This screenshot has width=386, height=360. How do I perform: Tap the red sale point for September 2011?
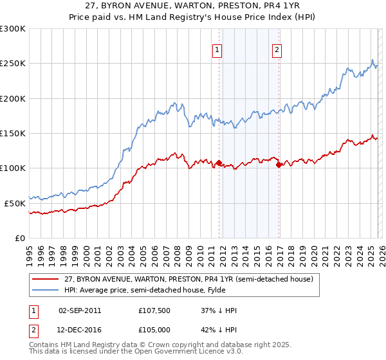[219, 163]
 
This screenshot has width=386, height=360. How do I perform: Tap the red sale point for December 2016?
[279, 165]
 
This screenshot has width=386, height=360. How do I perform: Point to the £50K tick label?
[15, 203]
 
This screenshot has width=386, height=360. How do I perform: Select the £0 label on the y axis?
[20, 238]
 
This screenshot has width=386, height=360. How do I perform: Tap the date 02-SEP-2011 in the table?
[80, 310]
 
